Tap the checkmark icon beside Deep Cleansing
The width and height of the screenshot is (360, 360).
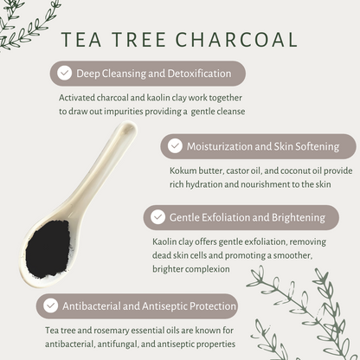click(63, 74)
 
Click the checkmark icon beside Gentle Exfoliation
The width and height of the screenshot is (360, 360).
click(157, 217)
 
